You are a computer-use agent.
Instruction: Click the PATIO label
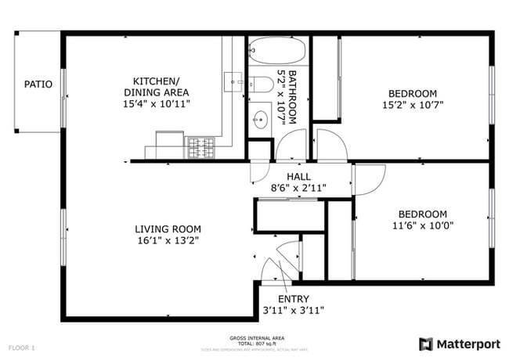[38, 85]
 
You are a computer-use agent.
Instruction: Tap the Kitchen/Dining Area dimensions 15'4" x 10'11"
[156, 103]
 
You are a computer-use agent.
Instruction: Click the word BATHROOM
[291, 97]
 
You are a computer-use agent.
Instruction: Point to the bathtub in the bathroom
[277, 53]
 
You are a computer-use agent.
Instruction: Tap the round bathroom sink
[261, 121]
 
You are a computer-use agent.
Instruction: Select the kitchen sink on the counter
[233, 80]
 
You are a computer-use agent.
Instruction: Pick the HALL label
[299, 176]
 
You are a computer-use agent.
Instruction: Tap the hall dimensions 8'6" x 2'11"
[299, 188]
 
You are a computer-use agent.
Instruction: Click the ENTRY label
[294, 299]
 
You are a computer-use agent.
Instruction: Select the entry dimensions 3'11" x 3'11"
[294, 311]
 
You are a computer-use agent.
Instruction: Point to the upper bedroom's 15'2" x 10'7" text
[413, 104]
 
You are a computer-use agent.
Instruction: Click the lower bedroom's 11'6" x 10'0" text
[422, 225]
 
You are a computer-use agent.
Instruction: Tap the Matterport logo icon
[426, 344]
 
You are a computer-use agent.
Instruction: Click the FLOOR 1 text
[22, 347]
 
